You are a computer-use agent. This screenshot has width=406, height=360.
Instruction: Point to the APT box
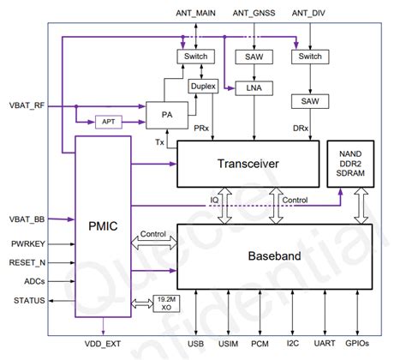(109, 121)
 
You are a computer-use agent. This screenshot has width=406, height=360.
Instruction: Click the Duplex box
(201, 87)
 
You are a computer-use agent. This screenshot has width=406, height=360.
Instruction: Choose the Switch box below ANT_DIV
(306, 57)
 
